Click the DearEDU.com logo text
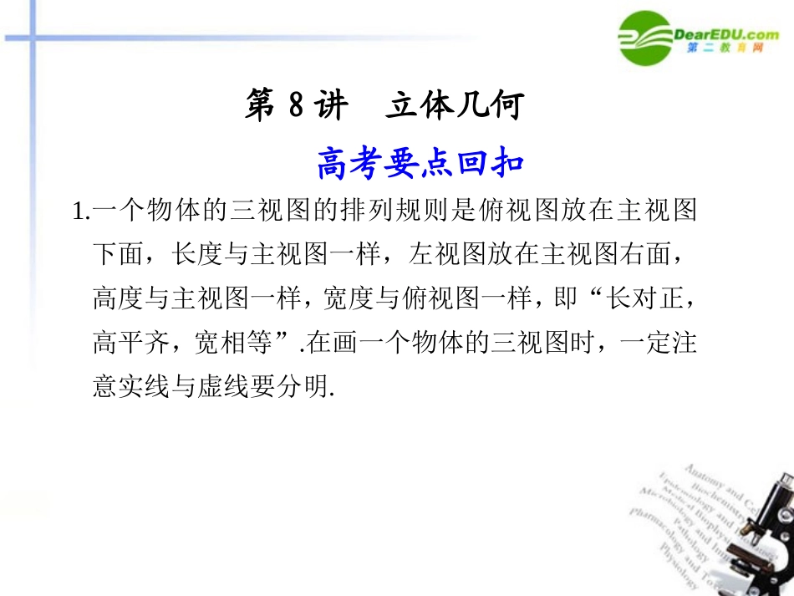725,34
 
